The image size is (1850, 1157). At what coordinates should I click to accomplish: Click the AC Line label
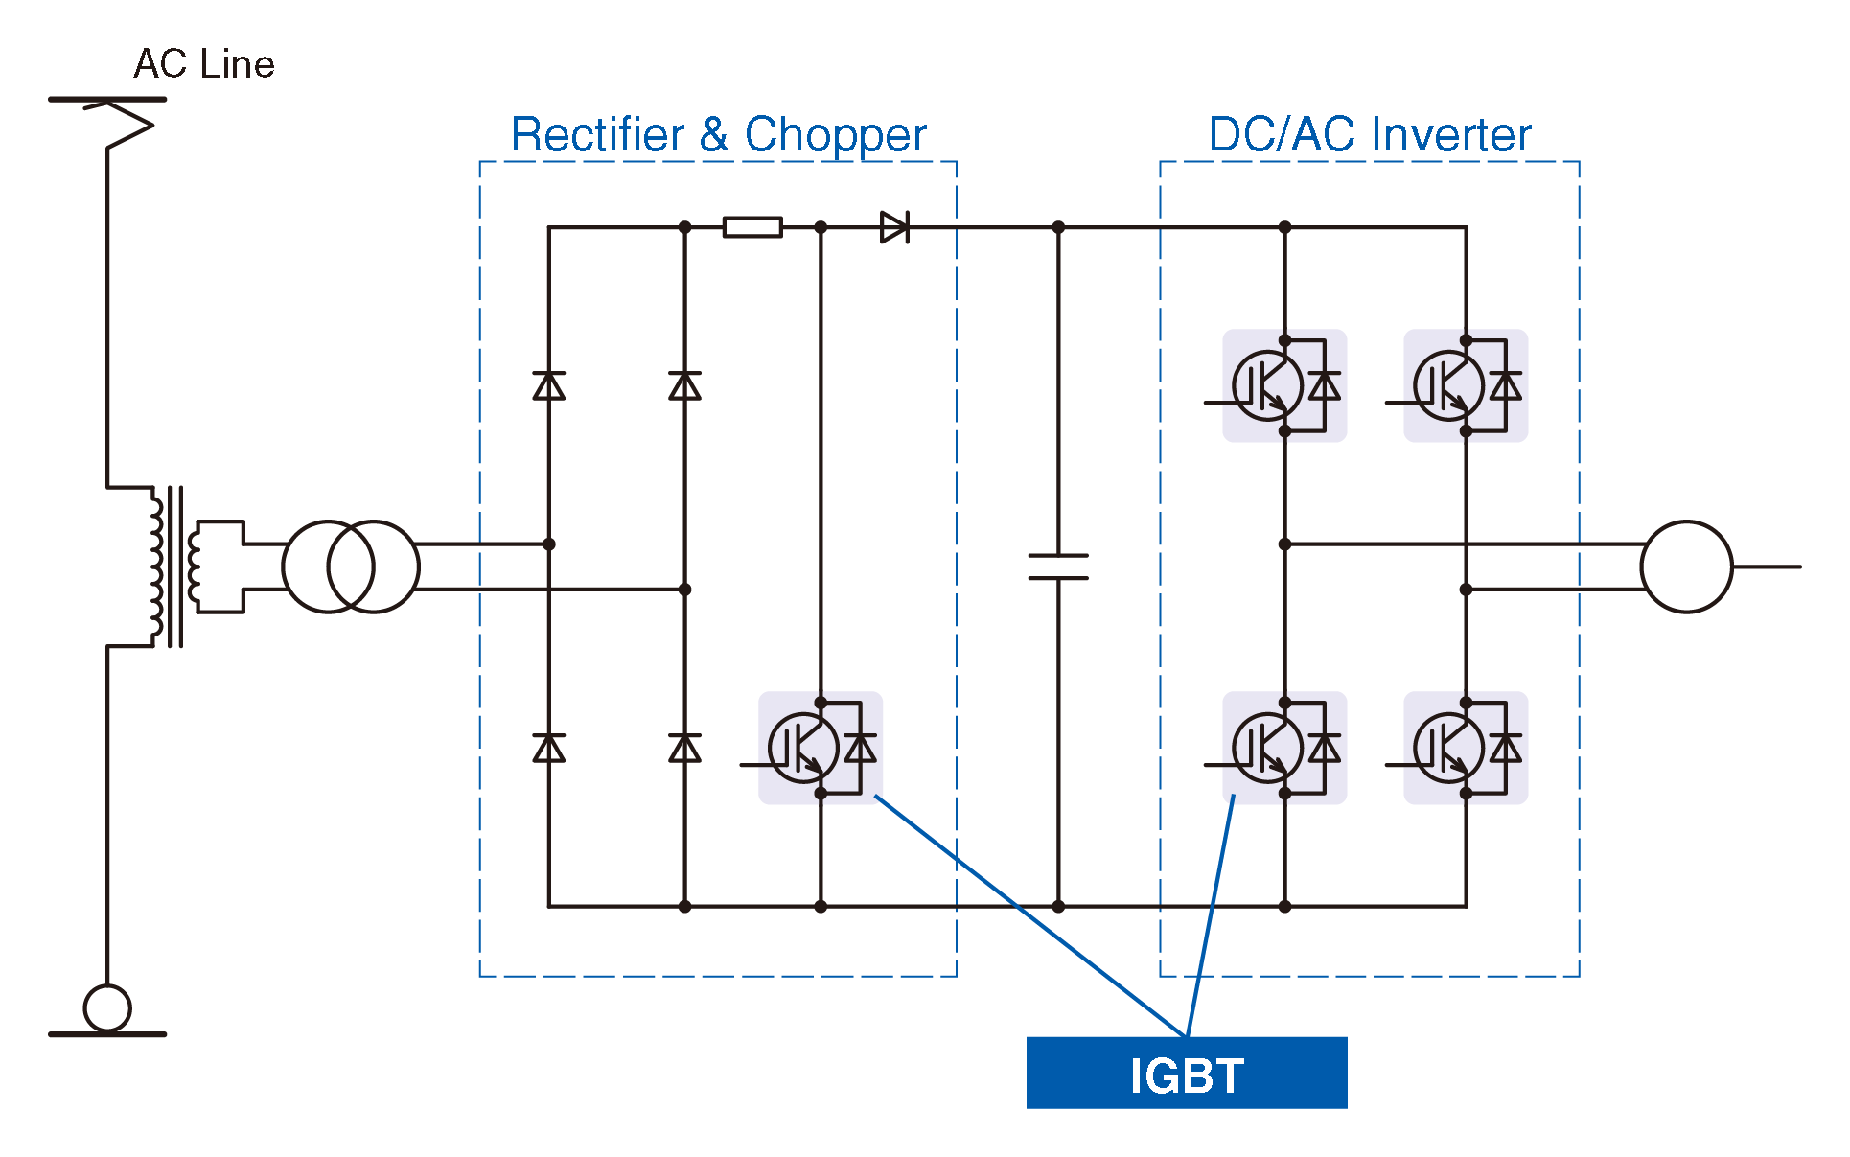pyautogui.click(x=204, y=64)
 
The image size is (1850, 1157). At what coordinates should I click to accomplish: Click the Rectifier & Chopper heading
pyautogui.click(x=718, y=134)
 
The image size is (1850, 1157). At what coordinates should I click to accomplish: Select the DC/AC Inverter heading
pyautogui.click(x=1369, y=134)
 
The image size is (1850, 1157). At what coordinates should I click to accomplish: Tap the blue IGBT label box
pyautogui.click(x=1186, y=1073)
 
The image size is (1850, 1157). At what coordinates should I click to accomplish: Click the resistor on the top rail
pyautogui.click(x=752, y=227)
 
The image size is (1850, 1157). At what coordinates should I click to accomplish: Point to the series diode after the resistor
pyautogui.click(x=894, y=227)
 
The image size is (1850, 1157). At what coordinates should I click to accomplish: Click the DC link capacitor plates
pyautogui.click(x=1058, y=567)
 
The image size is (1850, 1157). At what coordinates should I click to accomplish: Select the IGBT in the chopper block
pyautogui.click(x=820, y=748)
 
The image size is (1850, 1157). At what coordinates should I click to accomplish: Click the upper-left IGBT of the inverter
pyautogui.click(x=1283, y=385)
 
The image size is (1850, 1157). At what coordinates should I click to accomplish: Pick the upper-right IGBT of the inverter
pyautogui.click(x=1465, y=385)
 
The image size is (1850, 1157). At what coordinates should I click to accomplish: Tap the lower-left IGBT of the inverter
pyautogui.click(x=1283, y=748)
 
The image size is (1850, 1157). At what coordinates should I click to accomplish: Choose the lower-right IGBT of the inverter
pyautogui.click(x=1465, y=748)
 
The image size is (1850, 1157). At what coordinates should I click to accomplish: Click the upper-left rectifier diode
pyautogui.click(x=549, y=385)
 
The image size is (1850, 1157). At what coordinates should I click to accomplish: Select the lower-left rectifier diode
pyautogui.click(x=549, y=748)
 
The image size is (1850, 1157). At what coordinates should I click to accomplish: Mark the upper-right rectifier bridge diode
pyautogui.click(x=684, y=385)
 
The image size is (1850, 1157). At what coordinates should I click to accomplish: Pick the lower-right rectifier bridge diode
pyautogui.click(x=684, y=748)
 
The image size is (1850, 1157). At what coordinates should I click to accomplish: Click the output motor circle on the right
pyautogui.click(x=1686, y=567)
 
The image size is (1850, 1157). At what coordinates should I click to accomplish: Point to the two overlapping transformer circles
pyautogui.click(x=351, y=567)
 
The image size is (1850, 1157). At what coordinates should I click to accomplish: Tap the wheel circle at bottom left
pyautogui.click(x=107, y=1007)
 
